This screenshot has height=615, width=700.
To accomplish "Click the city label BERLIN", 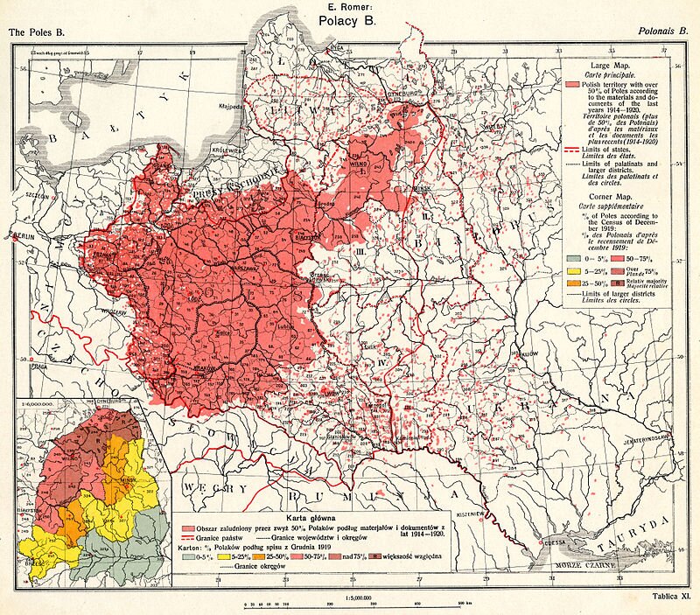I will point(25,236).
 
